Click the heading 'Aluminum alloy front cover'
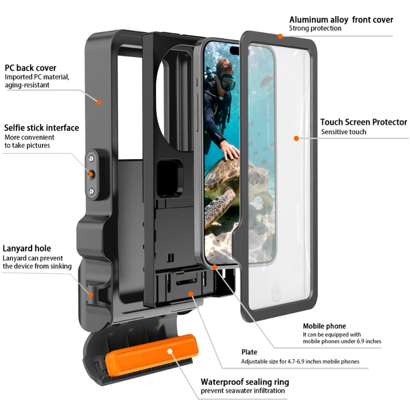(x=341, y=20)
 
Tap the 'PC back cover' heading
(x=31, y=68)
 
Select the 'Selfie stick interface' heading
(x=41, y=128)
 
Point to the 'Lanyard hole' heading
(x=26, y=248)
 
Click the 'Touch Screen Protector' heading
(x=363, y=122)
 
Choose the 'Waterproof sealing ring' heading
(x=245, y=382)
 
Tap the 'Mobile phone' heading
(x=324, y=326)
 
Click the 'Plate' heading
(x=249, y=352)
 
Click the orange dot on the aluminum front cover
(x=280, y=36)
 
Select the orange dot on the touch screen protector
(x=296, y=138)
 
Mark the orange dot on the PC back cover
(x=98, y=103)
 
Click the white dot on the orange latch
(x=170, y=351)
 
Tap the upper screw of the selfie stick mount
(x=91, y=159)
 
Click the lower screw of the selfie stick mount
(x=92, y=191)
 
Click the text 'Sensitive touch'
(x=344, y=132)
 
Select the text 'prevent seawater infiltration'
(x=243, y=390)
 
